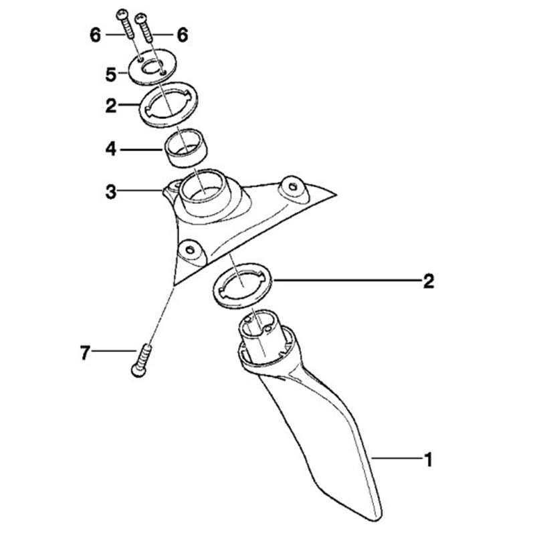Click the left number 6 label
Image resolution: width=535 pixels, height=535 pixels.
[96, 35]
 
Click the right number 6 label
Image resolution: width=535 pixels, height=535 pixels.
[182, 35]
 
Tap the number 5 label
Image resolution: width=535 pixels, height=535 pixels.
[111, 74]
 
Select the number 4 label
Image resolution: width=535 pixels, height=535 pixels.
[111, 149]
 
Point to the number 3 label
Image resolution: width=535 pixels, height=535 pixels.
[111, 192]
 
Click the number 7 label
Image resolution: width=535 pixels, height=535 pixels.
[86, 352]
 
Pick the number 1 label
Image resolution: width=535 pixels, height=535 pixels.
[428, 459]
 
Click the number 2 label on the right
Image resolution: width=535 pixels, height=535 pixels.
[428, 282]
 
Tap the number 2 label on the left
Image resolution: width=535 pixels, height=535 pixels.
[111, 106]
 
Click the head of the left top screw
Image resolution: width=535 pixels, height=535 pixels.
[122, 15]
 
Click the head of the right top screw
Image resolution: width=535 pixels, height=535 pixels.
[141, 17]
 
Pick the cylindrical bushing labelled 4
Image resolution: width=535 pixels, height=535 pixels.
[187, 148]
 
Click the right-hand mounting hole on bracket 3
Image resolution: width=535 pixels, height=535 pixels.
[292, 187]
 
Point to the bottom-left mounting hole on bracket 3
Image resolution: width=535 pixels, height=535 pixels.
[190, 249]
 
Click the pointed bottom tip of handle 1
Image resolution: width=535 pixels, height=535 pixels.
[375, 521]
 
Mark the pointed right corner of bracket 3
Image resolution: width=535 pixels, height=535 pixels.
[336, 195]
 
